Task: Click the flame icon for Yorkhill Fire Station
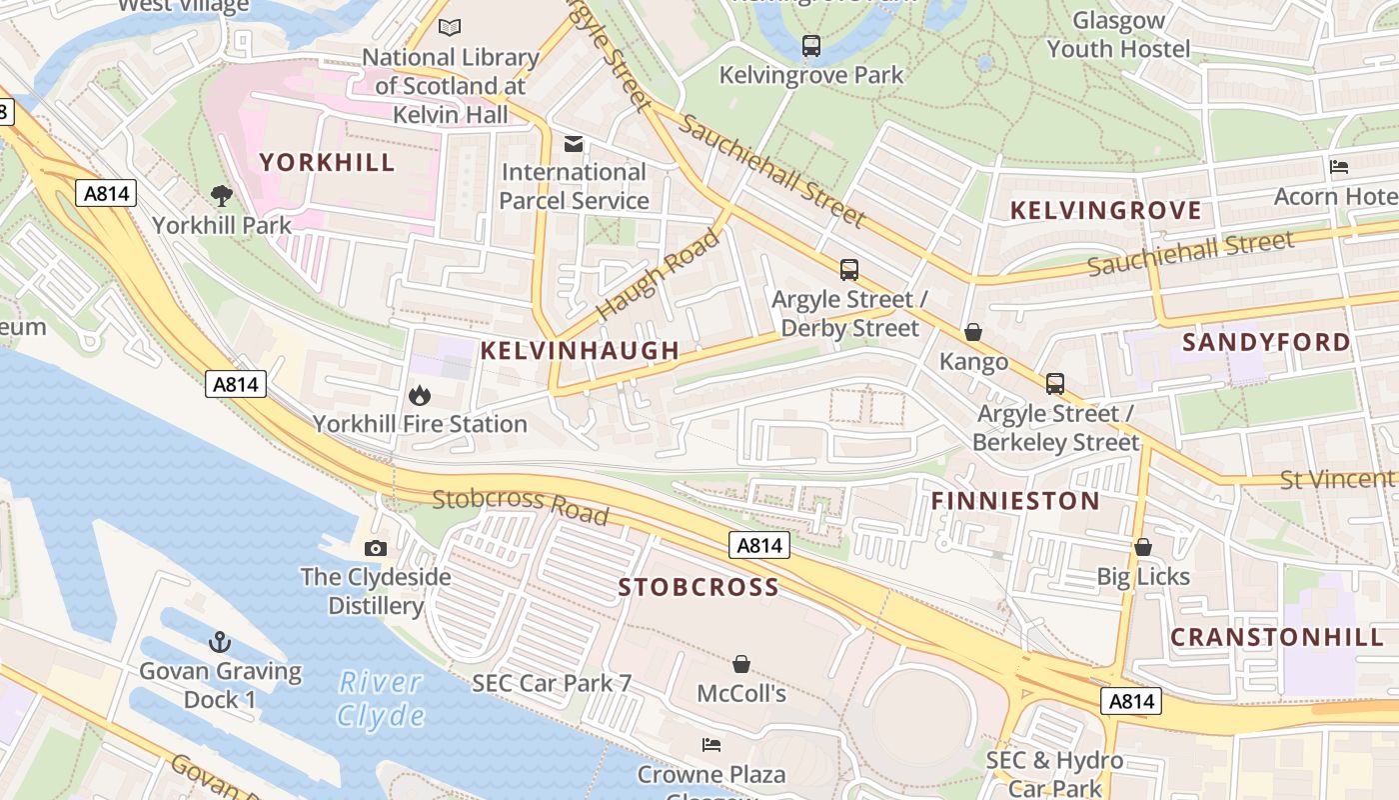click(420, 396)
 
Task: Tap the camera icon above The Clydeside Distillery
click(376, 548)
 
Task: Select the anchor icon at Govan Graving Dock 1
click(220, 642)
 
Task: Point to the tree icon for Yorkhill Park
click(222, 196)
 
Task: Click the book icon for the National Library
click(450, 28)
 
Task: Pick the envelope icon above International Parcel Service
click(574, 144)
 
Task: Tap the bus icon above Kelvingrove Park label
click(811, 45)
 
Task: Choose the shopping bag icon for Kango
click(973, 332)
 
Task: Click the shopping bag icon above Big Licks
click(1143, 547)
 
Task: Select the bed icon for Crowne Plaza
click(711, 744)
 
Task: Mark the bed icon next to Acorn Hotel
click(1339, 167)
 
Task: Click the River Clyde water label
click(380, 699)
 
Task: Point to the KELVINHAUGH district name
click(580, 350)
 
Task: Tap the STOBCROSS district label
click(699, 587)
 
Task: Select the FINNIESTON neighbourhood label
click(1015, 501)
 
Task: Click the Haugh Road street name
click(659, 274)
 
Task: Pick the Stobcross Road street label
click(520, 506)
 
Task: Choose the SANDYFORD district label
click(1266, 342)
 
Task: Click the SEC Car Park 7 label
click(552, 684)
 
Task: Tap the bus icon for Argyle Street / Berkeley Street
click(1055, 384)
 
